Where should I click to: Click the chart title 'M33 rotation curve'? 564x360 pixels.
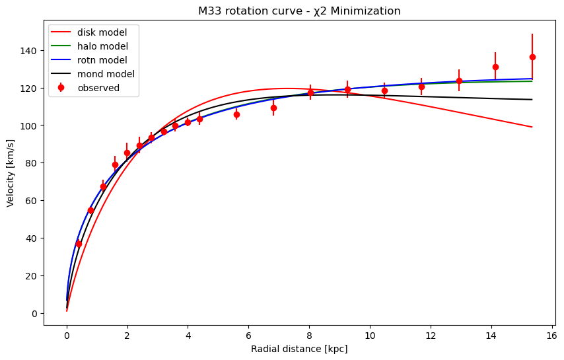(x=299, y=11)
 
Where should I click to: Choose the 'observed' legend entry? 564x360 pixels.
(x=98, y=88)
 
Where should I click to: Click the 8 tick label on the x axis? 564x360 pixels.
(x=309, y=335)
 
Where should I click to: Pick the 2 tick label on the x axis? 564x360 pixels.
(x=127, y=335)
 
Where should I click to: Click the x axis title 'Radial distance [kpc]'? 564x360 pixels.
(x=299, y=349)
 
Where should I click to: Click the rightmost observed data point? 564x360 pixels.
(x=532, y=57)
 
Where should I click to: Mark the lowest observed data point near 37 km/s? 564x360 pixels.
(x=79, y=244)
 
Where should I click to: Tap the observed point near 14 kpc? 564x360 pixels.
(x=495, y=67)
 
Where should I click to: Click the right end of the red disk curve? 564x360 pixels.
(x=532, y=127)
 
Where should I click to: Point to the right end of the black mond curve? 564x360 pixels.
(x=532, y=100)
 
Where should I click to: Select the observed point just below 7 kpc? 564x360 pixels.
(x=273, y=108)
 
